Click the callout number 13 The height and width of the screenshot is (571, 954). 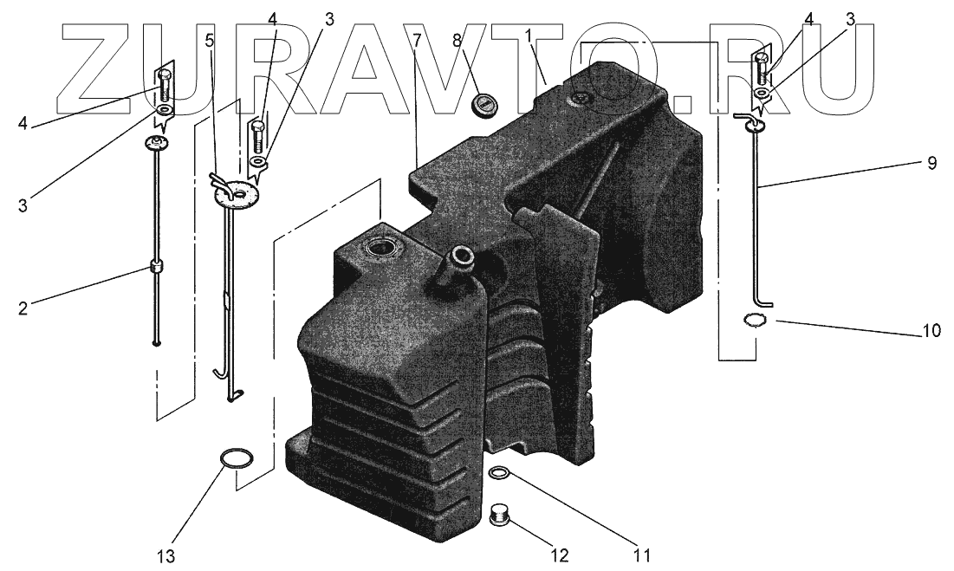pyautogui.click(x=166, y=555)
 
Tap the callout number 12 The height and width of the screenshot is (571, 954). pyautogui.click(x=560, y=555)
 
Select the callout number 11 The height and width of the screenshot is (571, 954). pyautogui.click(x=641, y=555)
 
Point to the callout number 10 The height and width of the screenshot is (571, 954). pyautogui.click(x=931, y=331)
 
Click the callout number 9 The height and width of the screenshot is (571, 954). pyautogui.click(x=931, y=164)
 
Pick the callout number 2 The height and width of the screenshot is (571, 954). pyautogui.click(x=23, y=309)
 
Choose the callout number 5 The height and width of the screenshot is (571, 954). pyautogui.click(x=210, y=42)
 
